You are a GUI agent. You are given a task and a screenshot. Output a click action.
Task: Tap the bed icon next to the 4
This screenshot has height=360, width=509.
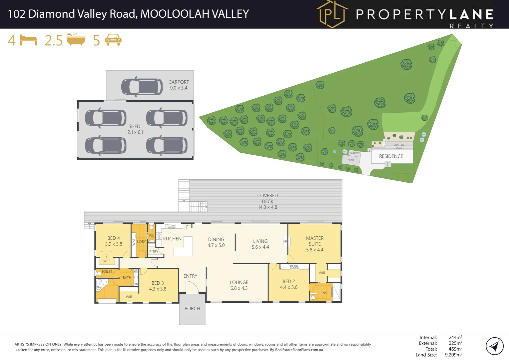point(28,40)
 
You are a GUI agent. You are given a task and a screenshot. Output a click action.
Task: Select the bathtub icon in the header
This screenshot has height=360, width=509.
point(76,39)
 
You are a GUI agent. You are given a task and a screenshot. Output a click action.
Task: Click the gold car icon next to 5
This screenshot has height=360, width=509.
point(113,40)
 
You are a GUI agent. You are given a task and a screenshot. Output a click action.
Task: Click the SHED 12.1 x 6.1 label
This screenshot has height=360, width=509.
point(134,129)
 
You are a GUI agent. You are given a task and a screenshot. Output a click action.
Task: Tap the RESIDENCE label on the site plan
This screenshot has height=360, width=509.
point(391,156)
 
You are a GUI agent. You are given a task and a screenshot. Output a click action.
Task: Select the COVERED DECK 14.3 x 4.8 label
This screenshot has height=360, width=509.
point(267,201)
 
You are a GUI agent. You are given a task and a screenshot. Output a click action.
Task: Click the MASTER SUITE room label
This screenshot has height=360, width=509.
point(315,244)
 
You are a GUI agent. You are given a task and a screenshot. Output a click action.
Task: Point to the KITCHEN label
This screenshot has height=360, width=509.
point(172,239)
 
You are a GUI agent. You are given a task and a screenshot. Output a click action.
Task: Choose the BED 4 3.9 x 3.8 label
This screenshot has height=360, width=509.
point(114,241)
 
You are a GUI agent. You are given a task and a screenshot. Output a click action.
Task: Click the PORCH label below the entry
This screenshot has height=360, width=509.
point(192,309)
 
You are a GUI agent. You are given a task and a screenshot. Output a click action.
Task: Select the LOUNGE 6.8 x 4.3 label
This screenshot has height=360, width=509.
point(239,285)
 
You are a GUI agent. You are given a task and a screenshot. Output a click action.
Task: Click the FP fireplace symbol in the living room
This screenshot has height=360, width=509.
point(285,241)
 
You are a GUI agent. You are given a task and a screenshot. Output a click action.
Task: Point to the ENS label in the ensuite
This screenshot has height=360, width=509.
point(324,293)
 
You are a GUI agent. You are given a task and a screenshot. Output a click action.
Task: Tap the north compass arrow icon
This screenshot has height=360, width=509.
point(495,346)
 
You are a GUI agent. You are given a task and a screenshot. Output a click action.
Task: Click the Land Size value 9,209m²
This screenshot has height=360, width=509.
point(453,355)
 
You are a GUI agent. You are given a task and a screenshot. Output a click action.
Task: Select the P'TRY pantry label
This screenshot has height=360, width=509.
point(154,252)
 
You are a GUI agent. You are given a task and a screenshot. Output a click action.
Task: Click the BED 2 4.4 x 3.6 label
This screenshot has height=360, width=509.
point(289,284)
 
